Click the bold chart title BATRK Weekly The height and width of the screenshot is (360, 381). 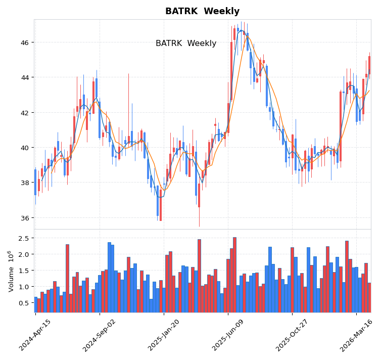coord(202,11)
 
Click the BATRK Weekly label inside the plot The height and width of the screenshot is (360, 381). coord(186,43)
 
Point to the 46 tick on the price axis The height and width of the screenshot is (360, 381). coord(24,42)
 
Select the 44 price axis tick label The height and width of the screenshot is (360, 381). coord(24,77)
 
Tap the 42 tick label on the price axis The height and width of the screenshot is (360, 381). coord(24,112)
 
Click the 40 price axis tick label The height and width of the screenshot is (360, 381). coord(24,148)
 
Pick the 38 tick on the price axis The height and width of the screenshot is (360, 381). coord(24,183)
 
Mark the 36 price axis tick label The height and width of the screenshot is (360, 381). coord(24,218)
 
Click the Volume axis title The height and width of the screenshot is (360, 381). coord(11,271)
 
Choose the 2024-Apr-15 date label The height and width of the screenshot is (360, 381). coord(35,335)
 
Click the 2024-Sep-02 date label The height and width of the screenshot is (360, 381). coord(100,335)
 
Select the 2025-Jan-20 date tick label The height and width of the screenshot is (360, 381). coord(164,335)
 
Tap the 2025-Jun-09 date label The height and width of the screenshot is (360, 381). coord(228,335)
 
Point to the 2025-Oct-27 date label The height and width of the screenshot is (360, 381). coord(292,335)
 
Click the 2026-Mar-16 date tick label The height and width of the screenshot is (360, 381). coord(356,335)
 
